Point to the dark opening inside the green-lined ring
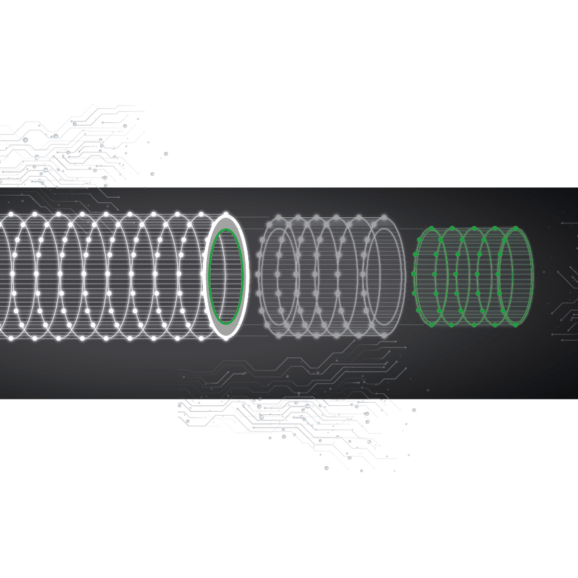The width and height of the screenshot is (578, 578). click(x=226, y=276)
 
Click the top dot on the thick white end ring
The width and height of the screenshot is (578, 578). click(x=226, y=214)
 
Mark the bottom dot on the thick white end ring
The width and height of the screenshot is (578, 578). click(x=226, y=338)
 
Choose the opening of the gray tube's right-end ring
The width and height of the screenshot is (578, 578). click(x=384, y=276)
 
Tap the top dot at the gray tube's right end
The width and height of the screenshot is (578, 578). click(x=385, y=217)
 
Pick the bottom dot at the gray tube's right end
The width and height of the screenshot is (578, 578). click(x=385, y=335)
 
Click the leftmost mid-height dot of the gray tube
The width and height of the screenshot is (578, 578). click(x=259, y=274)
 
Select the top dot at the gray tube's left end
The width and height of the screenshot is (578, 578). click(x=278, y=217)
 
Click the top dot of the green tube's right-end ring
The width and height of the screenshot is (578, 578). click(x=516, y=229)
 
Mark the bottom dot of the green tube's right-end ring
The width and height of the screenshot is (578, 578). click(x=516, y=324)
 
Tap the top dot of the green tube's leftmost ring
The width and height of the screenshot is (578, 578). click(x=432, y=229)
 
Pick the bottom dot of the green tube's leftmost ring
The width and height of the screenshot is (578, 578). click(x=432, y=324)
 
